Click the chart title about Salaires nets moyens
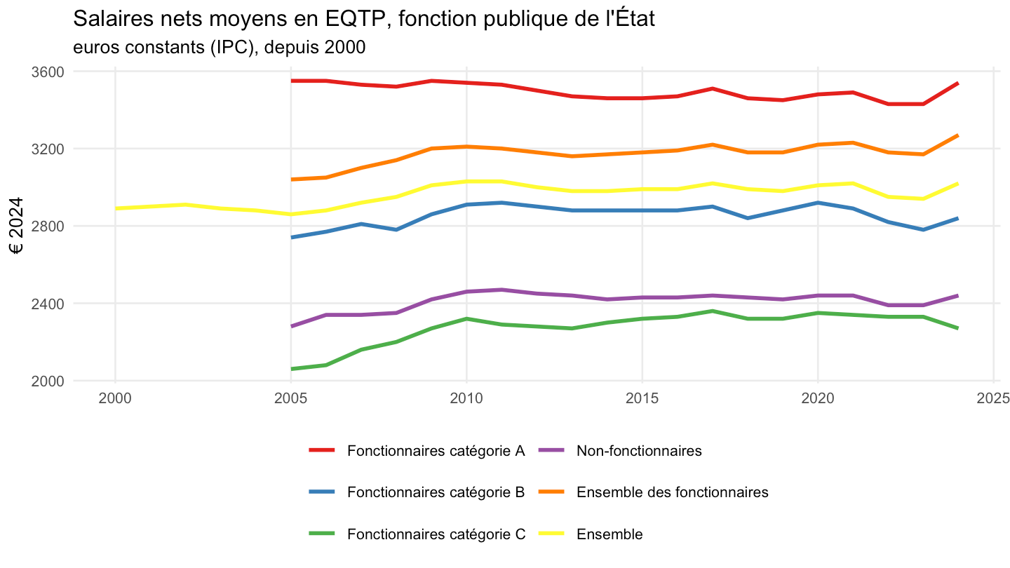(363, 19)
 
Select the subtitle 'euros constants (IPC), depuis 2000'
(219, 48)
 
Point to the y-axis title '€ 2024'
(16, 225)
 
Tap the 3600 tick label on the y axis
(48, 72)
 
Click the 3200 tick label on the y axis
(48, 149)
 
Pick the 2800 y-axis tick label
(48, 226)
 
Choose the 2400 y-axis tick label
(48, 304)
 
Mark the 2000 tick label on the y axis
(48, 381)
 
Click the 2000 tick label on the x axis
(115, 398)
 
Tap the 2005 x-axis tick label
(291, 398)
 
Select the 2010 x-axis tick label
(466, 398)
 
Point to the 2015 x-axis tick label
(642, 398)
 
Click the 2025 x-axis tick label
(993, 398)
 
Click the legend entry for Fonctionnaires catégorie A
(417, 451)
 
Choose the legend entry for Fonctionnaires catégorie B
(417, 492)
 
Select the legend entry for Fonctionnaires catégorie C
(417, 534)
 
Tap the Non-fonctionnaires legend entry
(621, 451)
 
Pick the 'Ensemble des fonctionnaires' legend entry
(654, 492)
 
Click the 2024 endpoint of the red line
(957, 83)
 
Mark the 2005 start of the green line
(291, 369)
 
